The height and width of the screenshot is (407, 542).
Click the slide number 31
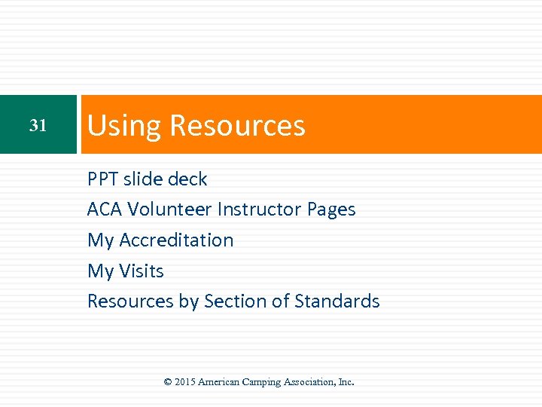38,126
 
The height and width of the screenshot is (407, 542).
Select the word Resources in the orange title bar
237,125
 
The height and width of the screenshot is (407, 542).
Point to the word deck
187,179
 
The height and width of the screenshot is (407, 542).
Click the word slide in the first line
143,179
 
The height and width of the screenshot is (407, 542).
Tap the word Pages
331,210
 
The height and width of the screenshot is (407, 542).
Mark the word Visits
142,271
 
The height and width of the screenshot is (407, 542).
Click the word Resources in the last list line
131,301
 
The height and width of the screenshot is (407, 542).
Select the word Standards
337,301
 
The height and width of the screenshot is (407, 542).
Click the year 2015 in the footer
185,382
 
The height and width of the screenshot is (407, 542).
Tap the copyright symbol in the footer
168,382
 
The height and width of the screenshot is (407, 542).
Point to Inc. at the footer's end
346,382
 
